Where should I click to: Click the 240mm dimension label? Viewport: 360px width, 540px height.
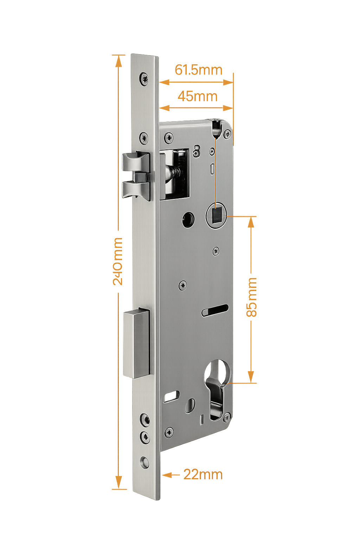pos(117,261)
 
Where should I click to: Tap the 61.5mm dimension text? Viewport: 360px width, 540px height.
pos(199,70)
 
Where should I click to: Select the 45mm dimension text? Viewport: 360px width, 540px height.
pos(197,96)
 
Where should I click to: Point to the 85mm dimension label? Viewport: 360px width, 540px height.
pos(252,297)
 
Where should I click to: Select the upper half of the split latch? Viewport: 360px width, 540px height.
pos(135,162)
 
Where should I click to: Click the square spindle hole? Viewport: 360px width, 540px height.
pos(216,214)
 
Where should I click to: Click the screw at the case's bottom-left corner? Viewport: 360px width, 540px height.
pos(170,431)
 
